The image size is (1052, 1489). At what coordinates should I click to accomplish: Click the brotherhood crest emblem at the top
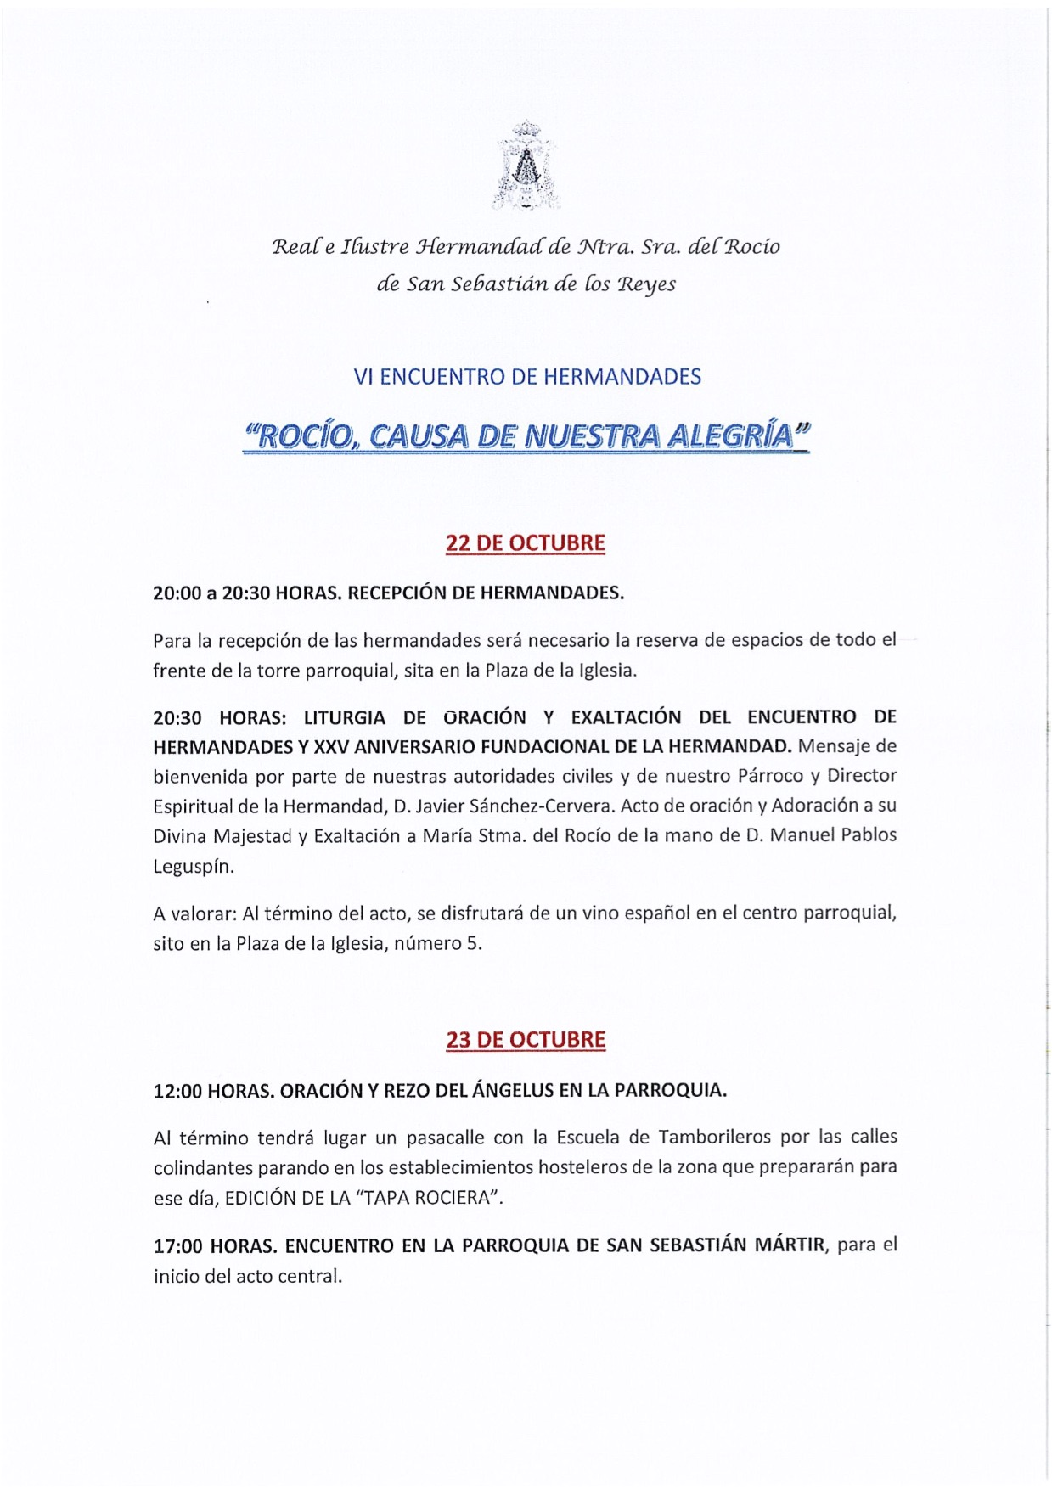point(526,165)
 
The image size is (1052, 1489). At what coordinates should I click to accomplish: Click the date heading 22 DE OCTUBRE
point(526,543)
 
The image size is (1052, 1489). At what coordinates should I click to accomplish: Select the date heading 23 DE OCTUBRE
point(526,1040)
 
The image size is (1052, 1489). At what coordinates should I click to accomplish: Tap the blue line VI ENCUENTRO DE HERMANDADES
point(527,377)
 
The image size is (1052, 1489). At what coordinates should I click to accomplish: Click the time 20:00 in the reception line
point(176,593)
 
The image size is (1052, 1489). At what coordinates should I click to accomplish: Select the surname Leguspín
point(194,867)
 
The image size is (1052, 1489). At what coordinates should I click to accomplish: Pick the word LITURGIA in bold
point(345,717)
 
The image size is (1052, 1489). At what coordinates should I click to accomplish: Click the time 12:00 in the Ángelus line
point(177,1091)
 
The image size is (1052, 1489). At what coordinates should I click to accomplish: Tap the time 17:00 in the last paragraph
point(177,1246)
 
